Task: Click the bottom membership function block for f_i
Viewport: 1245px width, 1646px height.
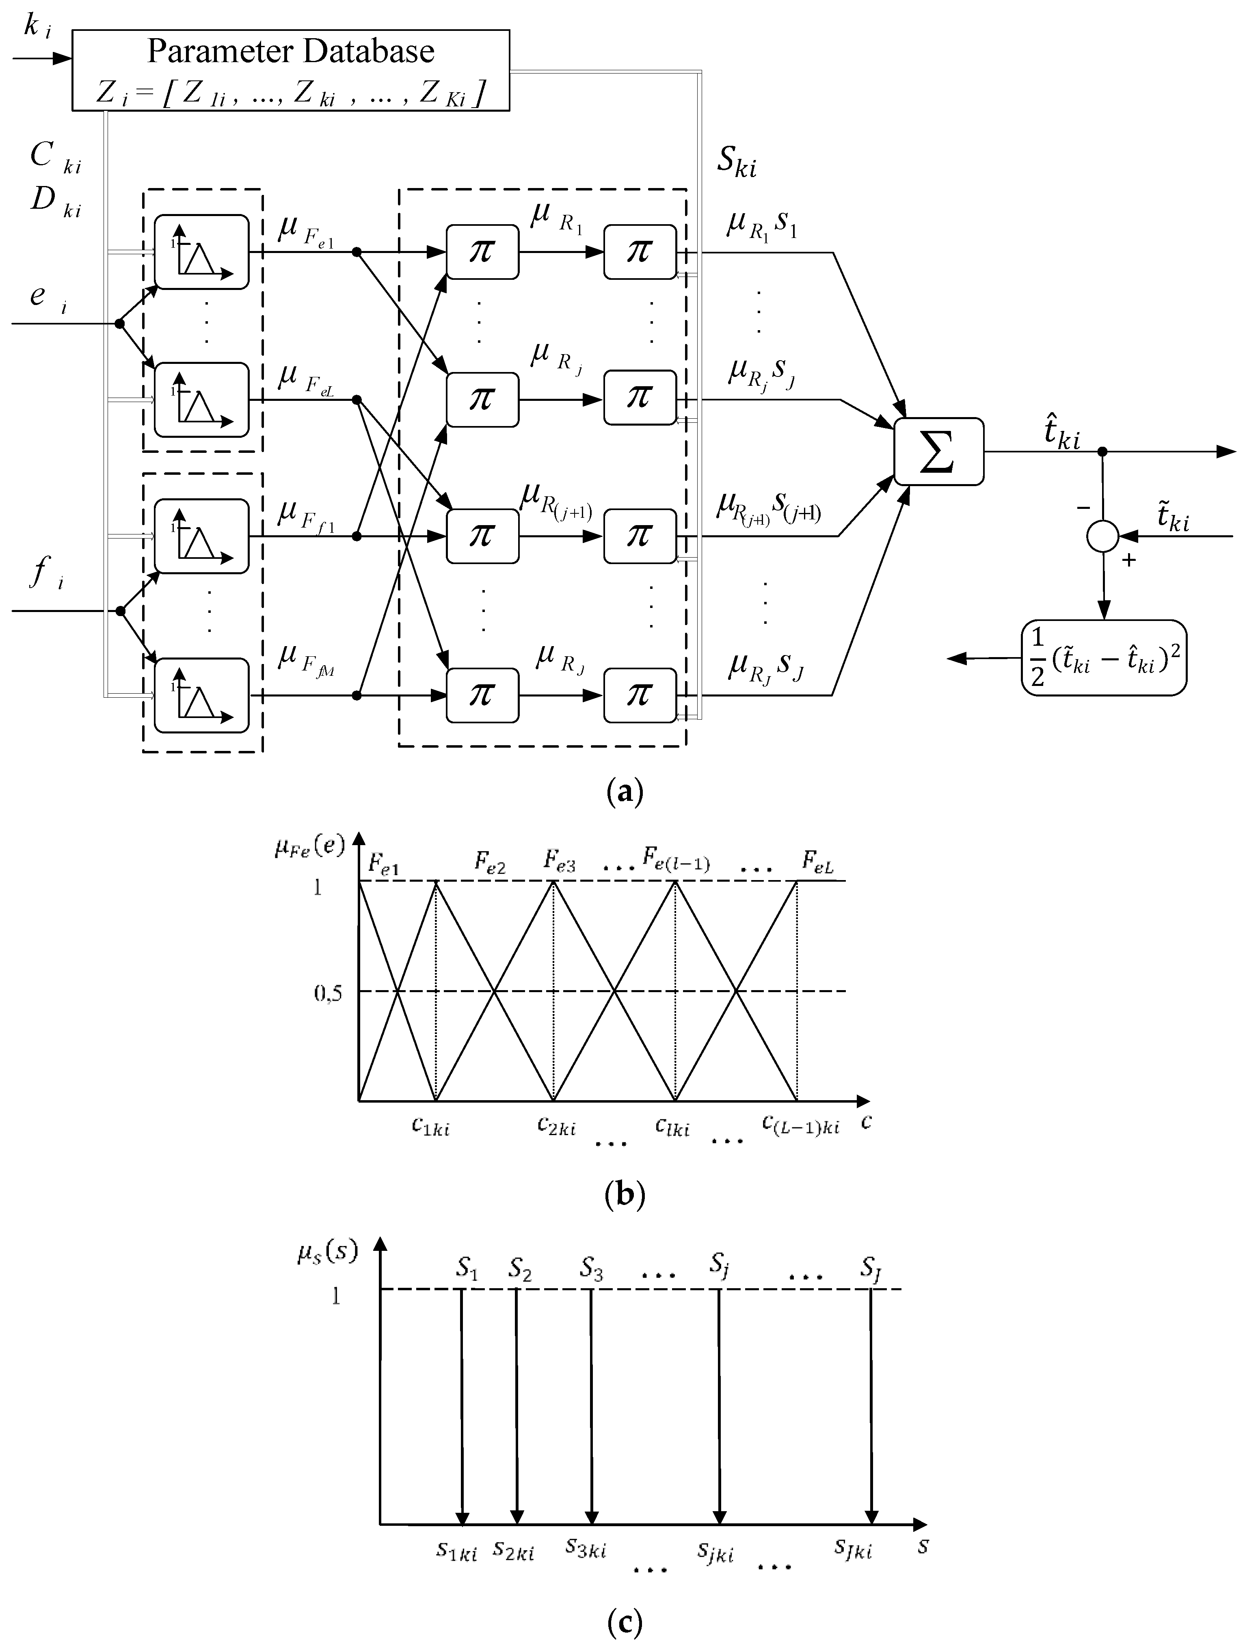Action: [x=201, y=695]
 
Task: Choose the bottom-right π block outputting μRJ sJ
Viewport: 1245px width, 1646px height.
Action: [x=639, y=695]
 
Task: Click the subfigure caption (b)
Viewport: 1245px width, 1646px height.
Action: [x=624, y=1196]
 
